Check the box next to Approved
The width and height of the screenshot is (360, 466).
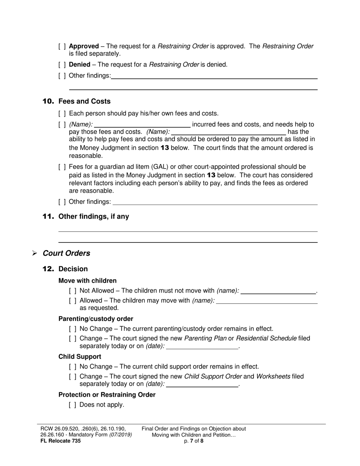pos(62,47)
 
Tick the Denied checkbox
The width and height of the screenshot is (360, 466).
pos(62,65)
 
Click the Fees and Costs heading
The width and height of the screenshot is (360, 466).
pos(85,102)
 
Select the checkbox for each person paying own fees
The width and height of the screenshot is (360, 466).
pos(62,114)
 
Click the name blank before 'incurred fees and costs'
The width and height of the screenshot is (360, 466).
pos(142,125)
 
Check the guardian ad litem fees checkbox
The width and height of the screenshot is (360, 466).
pos(62,167)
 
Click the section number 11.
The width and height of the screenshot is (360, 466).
pos(49,217)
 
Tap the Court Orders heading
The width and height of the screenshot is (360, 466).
pos(66,253)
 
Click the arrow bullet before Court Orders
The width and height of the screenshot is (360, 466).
pos(34,253)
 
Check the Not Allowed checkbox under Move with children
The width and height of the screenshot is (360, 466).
pos(73,291)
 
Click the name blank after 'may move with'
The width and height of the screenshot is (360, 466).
pos(267,301)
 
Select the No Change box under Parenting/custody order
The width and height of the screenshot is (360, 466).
pos(73,329)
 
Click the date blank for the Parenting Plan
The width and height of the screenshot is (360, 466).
pos(202,346)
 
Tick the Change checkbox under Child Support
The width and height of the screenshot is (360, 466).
pos(73,377)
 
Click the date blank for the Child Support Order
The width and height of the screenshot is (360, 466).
pos(202,384)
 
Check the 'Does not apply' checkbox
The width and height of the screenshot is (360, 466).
pos(73,405)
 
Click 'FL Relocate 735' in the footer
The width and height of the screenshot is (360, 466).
pos(60,441)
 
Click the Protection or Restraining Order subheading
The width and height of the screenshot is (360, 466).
pos(107,395)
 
